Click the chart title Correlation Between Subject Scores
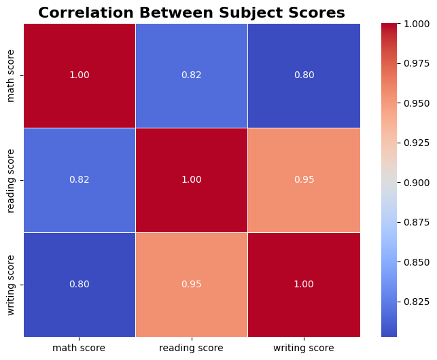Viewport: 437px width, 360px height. [x=191, y=13]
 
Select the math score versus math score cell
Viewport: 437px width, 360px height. [x=80, y=75]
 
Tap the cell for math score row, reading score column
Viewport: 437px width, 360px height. [x=191, y=75]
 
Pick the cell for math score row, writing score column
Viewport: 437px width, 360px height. [x=304, y=75]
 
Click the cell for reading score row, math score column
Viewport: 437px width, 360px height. [x=80, y=179]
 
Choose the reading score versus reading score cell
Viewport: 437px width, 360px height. [x=191, y=179]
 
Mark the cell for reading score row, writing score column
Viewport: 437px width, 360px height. [x=304, y=179]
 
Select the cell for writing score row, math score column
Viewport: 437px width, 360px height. [x=80, y=284]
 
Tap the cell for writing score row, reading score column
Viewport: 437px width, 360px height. [x=191, y=284]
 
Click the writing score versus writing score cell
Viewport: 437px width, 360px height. [x=304, y=284]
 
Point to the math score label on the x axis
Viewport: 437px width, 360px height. [x=80, y=348]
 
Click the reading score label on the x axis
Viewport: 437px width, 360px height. [x=191, y=348]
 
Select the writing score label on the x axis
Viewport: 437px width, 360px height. [x=304, y=348]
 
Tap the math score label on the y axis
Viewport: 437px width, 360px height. [x=11, y=75]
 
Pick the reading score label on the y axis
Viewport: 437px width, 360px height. [x=11, y=179]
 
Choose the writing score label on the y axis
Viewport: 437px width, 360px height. [x=11, y=284]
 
